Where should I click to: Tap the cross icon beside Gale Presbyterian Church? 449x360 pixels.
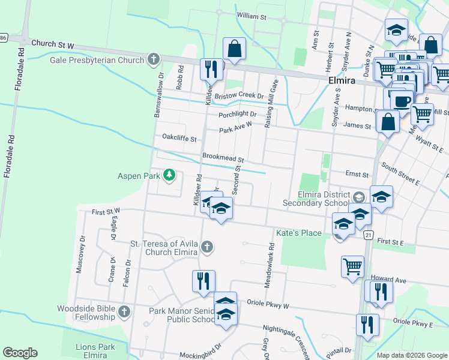[x=154, y=59]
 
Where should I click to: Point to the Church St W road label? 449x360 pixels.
[x=52, y=44]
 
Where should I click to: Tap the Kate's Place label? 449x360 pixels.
[x=298, y=233]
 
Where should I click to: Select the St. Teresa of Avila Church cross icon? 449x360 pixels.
[x=206, y=247]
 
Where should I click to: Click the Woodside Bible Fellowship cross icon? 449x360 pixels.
[x=124, y=312]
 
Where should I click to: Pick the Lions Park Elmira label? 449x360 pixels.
[x=100, y=351]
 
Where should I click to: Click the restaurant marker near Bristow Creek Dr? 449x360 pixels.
[x=211, y=69]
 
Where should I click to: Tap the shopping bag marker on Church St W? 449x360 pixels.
[x=234, y=49]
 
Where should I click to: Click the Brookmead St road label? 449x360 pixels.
[x=222, y=158]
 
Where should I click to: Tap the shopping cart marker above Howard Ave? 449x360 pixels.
[x=352, y=266]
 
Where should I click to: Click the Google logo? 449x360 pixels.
[x=20, y=353]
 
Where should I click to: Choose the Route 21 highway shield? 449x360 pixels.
[x=368, y=235]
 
